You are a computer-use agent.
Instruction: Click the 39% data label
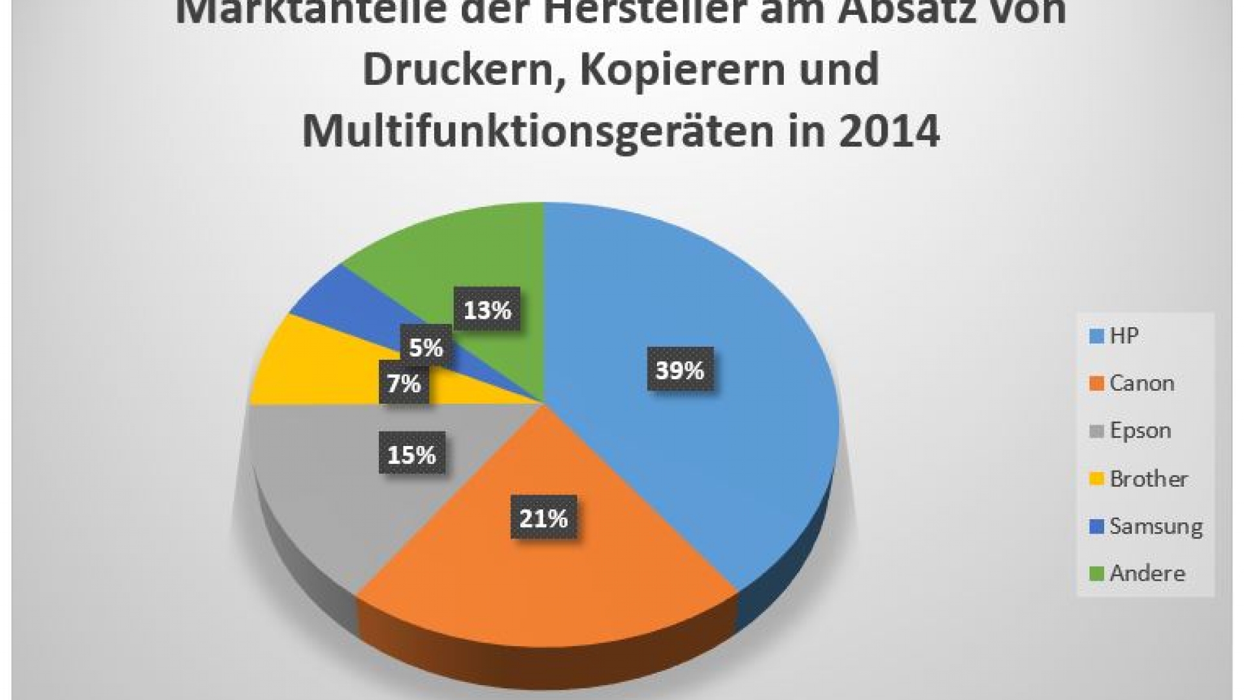click(x=680, y=370)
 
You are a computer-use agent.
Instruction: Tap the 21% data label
click(x=543, y=519)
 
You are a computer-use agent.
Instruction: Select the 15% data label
click(x=411, y=455)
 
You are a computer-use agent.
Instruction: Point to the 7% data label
click(x=404, y=384)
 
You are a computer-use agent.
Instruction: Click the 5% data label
click(x=426, y=348)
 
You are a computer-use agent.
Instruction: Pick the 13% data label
click(x=487, y=310)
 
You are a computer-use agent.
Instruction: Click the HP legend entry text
click(x=1124, y=336)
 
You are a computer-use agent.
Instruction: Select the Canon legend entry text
click(x=1142, y=383)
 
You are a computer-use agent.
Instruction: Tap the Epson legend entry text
click(x=1140, y=430)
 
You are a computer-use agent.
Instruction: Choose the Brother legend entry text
click(x=1149, y=479)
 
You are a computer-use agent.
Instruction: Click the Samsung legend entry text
click(x=1156, y=526)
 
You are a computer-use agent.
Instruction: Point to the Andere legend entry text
click(x=1147, y=574)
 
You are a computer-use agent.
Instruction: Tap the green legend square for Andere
click(x=1096, y=574)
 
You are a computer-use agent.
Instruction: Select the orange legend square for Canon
click(x=1096, y=384)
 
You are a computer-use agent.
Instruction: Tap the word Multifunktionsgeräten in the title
click(x=538, y=130)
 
